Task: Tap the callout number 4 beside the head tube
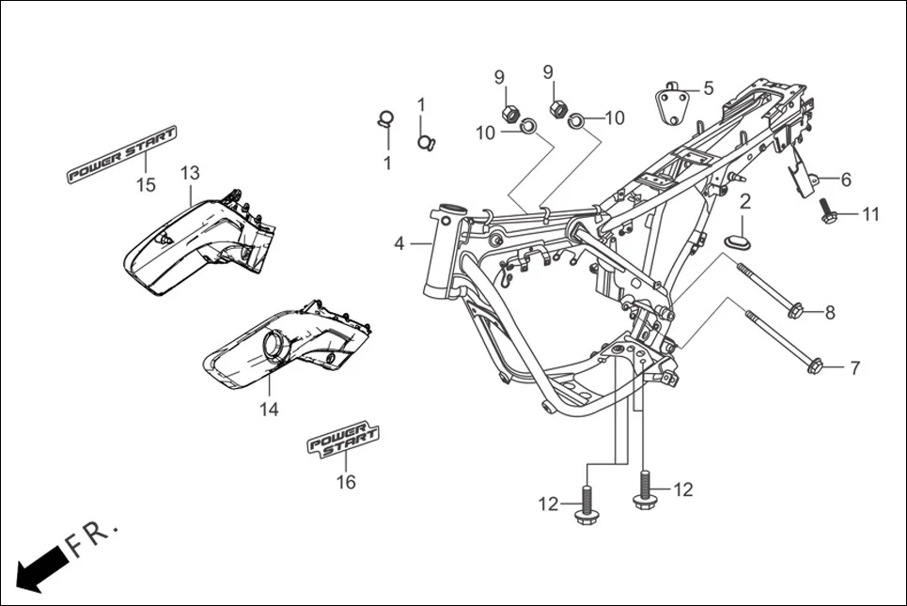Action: (399, 243)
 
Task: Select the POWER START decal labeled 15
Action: (121, 154)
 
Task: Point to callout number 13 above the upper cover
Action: (190, 173)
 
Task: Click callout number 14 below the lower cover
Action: (270, 410)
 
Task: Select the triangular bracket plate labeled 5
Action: (670, 101)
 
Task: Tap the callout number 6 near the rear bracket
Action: (845, 179)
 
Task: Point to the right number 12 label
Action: (682, 489)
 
